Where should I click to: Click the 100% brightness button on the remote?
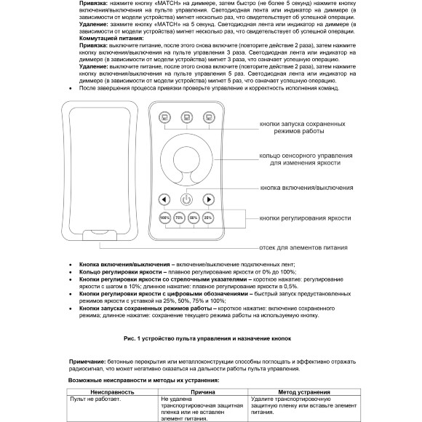pyautogui.click(x=164, y=218)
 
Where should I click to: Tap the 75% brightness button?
pyautogui.click(x=179, y=218)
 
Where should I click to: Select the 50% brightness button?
pyautogui.click(x=194, y=218)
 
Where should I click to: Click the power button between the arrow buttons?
pyautogui.click(x=186, y=199)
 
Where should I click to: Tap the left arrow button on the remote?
pyautogui.click(x=164, y=199)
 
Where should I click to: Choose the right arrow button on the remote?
pyautogui.click(x=208, y=199)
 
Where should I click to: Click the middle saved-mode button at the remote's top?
pyautogui.click(x=186, y=116)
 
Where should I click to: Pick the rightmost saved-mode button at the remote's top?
pyautogui.click(x=208, y=116)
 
